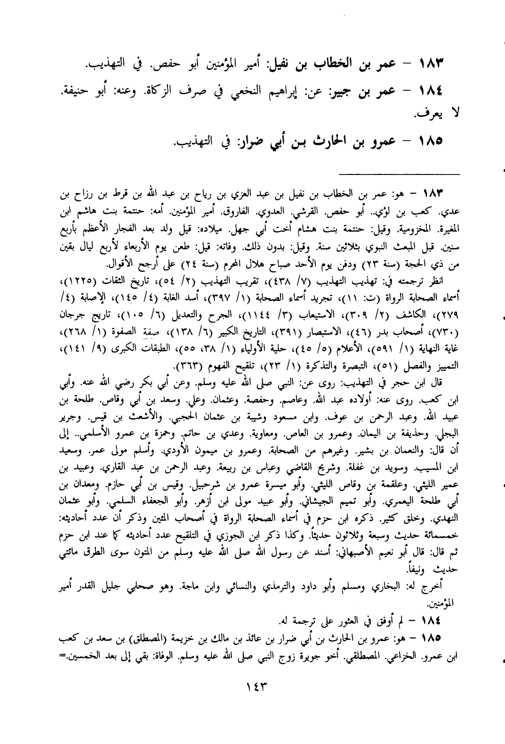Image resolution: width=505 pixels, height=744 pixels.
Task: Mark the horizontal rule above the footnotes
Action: click(400, 173)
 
